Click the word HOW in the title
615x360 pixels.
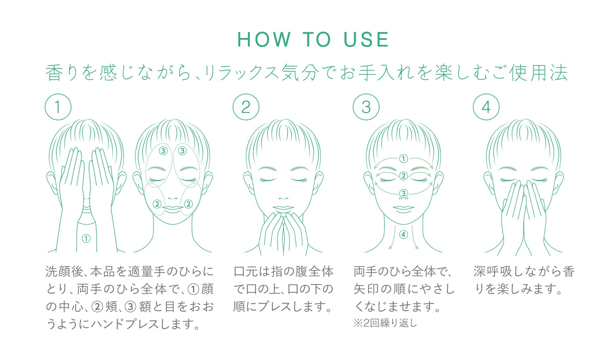264,40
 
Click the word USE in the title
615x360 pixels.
366,40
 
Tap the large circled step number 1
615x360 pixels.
58,107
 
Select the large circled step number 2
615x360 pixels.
246,107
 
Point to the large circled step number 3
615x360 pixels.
366,107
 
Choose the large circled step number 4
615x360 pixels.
486,107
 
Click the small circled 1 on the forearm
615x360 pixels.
86,238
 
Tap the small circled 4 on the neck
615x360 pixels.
403,234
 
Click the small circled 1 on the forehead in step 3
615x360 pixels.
403,158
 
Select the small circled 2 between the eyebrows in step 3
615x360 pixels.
403,176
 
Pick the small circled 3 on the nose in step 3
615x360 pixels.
403,193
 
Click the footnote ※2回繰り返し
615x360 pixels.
385,323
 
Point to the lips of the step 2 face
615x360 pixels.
283,208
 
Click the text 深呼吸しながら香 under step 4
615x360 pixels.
524,271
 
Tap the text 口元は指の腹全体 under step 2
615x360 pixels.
283,271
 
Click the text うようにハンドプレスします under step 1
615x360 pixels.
123,324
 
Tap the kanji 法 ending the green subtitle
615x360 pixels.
559,73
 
